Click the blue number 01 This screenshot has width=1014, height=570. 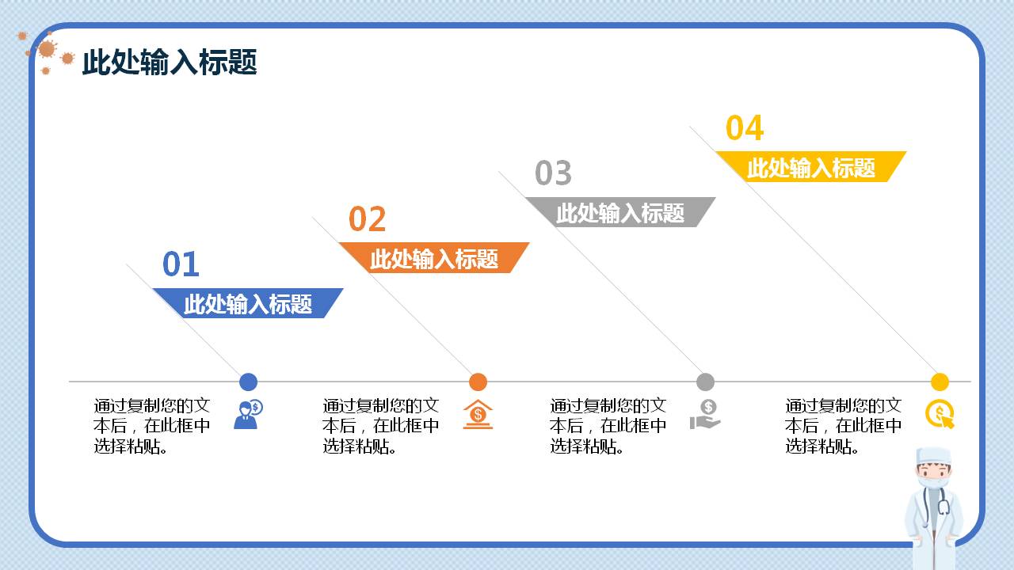[x=181, y=264]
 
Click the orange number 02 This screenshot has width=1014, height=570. [x=367, y=219]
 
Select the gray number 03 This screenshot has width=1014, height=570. [x=553, y=173]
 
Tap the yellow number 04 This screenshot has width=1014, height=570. [x=745, y=128]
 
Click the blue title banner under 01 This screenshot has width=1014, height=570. [x=248, y=304]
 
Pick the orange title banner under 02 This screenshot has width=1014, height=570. [x=434, y=258]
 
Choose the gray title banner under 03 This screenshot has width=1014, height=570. [x=620, y=213]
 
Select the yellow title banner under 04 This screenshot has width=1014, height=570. [x=811, y=167]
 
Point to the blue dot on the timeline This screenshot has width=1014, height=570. [x=248, y=382]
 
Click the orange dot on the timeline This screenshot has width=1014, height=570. [x=478, y=382]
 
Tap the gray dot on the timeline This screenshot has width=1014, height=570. [x=705, y=382]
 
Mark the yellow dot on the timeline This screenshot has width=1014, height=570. [x=940, y=382]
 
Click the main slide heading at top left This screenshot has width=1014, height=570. [x=170, y=62]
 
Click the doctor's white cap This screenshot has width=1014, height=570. [x=932, y=457]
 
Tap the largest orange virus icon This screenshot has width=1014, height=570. [x=47, y=49]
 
